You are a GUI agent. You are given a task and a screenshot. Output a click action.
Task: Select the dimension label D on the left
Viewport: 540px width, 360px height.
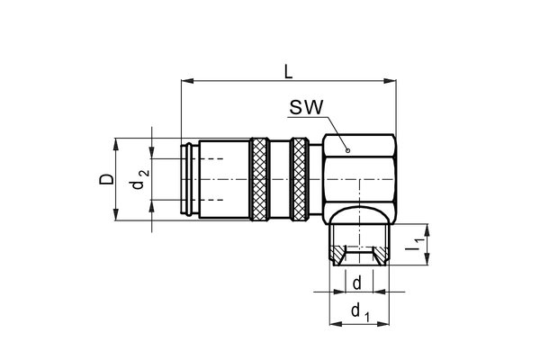tap(106, 178)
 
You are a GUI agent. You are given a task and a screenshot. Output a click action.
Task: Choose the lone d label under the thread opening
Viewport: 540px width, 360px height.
tap(357, 282)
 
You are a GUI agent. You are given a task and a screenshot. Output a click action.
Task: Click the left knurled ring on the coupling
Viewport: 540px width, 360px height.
tap(259, 178)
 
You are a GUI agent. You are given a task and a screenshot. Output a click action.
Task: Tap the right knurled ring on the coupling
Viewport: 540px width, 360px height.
tap(299, 178)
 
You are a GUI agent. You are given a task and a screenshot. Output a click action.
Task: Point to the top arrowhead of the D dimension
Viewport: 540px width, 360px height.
tap(116, 143)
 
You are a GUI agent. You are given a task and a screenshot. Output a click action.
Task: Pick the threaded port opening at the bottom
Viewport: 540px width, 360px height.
tap(360, 255)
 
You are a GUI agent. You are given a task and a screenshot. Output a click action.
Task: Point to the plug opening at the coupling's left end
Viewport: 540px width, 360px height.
tap(189, 178)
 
